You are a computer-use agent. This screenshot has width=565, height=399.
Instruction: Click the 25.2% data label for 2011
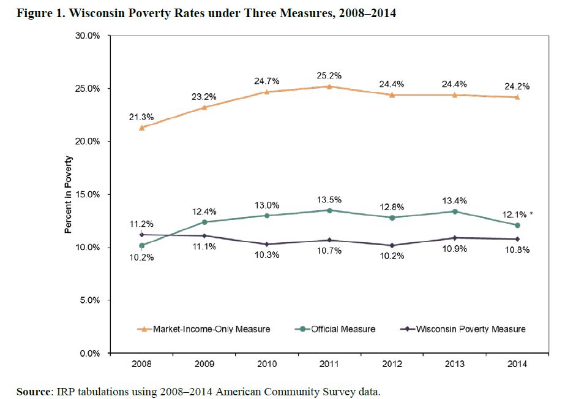[330, 75]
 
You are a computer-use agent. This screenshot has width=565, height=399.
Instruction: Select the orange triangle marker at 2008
[142, 127]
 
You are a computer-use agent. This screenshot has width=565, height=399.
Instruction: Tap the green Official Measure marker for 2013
[455, 211]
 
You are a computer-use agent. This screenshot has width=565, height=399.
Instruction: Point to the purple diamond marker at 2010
[267, 244]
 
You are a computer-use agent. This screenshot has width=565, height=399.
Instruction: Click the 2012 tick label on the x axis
[392, 363]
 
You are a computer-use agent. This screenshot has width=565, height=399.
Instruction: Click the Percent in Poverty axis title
[69, 194]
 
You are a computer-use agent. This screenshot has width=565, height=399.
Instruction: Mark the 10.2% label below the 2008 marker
[141, 258]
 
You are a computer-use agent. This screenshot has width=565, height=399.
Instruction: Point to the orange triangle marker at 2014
[518, 97]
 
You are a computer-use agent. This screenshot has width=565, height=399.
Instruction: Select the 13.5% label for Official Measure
[330, 200]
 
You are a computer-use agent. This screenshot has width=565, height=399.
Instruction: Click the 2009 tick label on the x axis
[204, 363]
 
